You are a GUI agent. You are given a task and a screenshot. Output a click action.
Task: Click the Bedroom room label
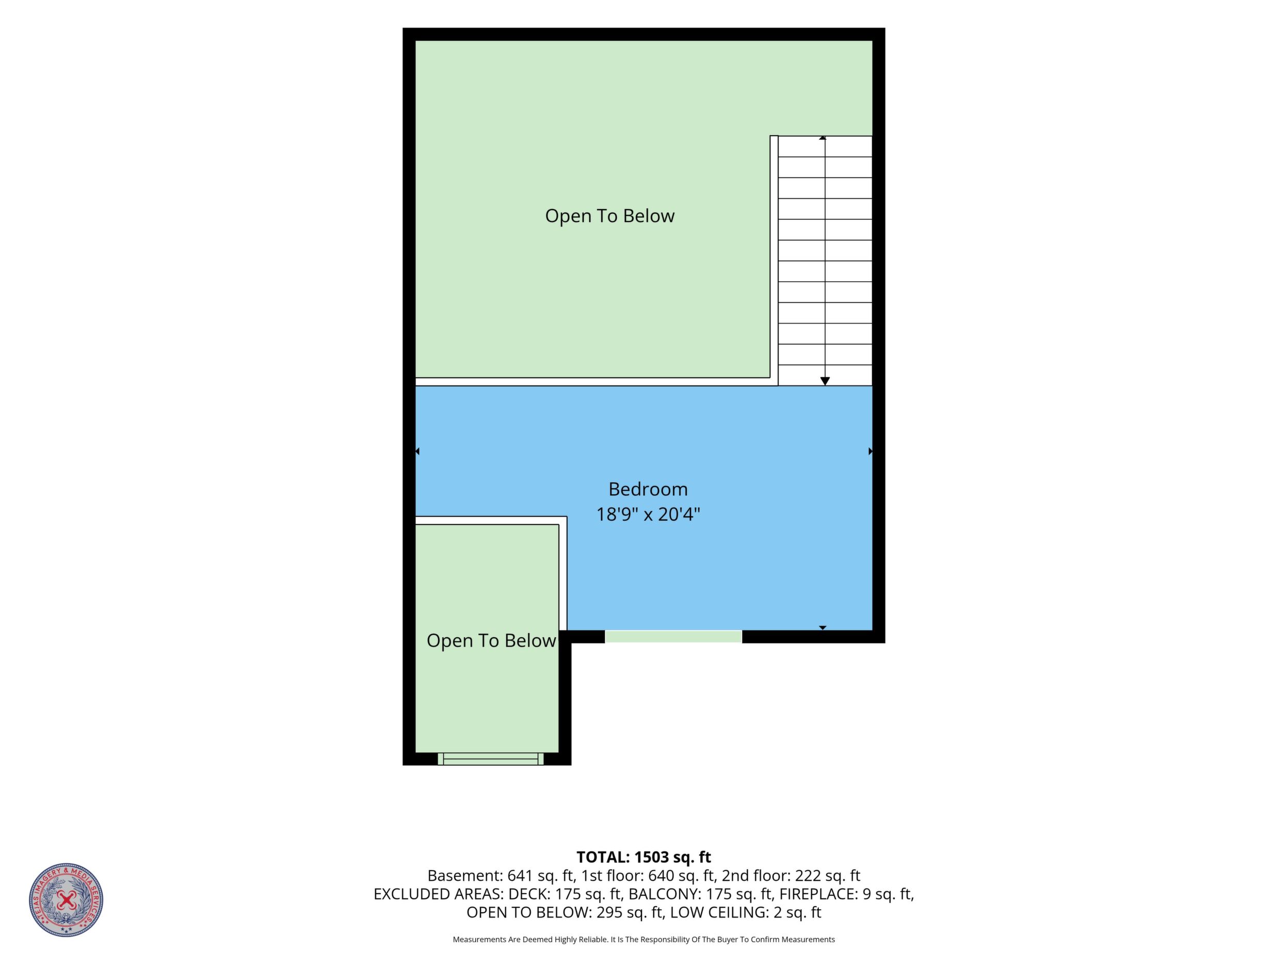click(x=648, y=489)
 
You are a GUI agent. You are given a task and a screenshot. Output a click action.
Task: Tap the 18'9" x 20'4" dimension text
click(x=648, y=514)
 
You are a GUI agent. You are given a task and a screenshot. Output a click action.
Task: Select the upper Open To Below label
click(x=609, y=216)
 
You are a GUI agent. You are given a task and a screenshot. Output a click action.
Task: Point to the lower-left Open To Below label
click(x=491, y=640)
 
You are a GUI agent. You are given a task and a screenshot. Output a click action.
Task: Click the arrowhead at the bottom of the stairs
click(x=825, y=381)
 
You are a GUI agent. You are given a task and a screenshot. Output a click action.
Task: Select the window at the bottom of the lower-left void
click(x=490, y=759)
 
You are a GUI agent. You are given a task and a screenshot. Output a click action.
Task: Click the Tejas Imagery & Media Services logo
click(x=67, y=899)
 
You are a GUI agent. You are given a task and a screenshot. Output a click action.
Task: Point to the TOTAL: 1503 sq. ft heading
click(x=643, y=857)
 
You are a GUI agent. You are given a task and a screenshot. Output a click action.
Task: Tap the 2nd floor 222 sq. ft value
click(x=791, y=876)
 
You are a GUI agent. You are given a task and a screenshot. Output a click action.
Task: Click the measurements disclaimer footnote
click(x=643, y=939)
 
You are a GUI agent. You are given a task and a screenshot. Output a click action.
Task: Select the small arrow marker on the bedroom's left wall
click(x=417, y=452)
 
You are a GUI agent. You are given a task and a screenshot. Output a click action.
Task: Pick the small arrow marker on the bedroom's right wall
click(x=871, y=452)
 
